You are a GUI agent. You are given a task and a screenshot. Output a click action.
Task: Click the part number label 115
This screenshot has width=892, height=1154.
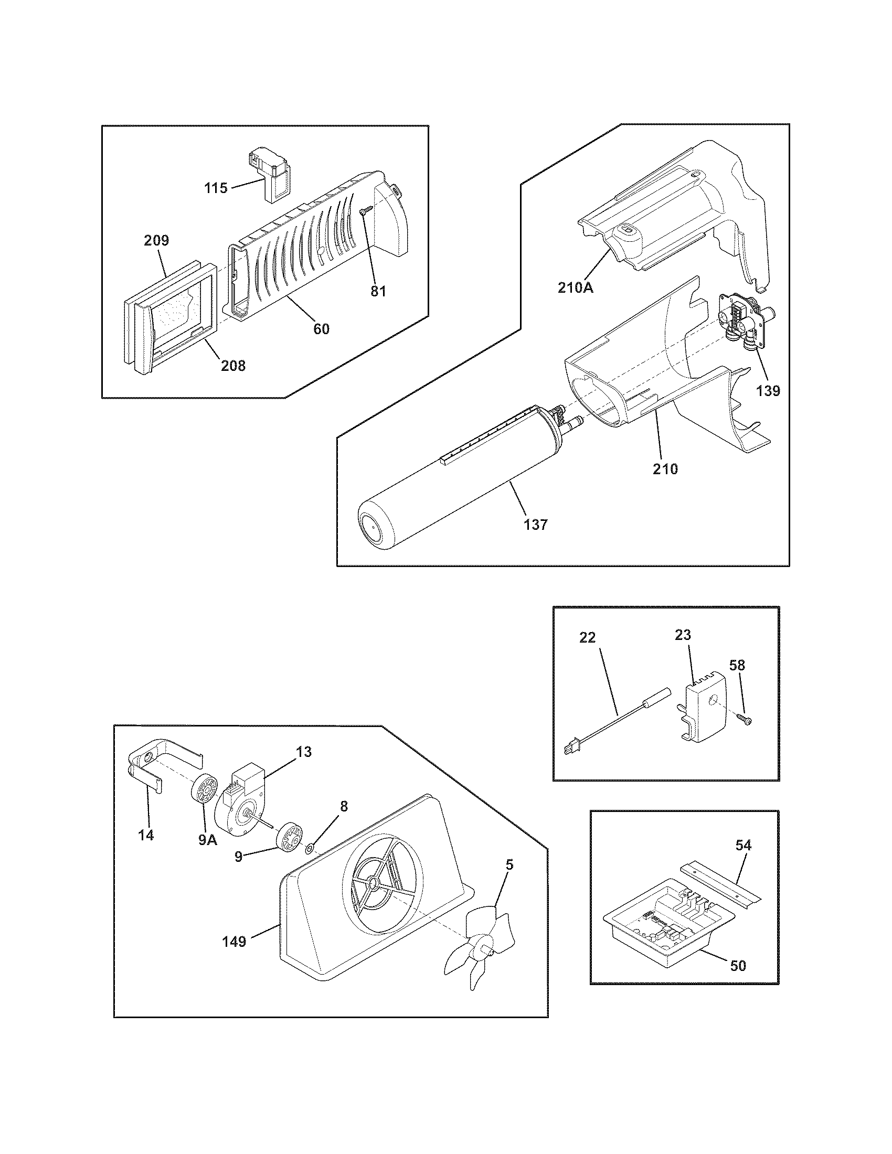coord(216,188)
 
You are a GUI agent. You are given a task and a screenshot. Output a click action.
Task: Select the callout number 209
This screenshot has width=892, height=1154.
coord(156,240)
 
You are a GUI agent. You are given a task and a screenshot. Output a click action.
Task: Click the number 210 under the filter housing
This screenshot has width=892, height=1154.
coord(665,468)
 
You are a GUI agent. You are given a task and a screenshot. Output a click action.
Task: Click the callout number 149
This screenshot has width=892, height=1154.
coord(234,941)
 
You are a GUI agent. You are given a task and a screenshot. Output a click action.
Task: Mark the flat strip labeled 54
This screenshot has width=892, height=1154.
coord(720,889)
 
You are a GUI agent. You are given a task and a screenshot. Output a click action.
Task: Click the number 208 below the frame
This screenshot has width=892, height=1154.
coord(233,365)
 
